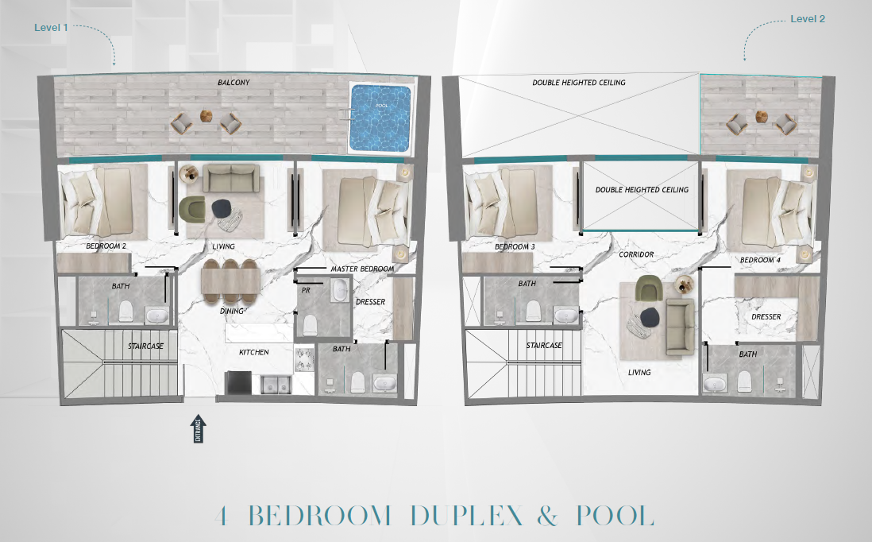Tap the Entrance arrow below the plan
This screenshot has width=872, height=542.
(x=198, y=428)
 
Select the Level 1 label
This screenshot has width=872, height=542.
(x=51, y=27)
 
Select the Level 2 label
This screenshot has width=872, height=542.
(x=808, y=19)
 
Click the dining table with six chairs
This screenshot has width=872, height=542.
(x=231, y=282)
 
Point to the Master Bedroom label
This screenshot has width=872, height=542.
(x=362, y=269)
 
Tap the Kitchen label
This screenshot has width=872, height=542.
(x=253, y=352)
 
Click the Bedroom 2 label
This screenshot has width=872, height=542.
(x=106, y=246)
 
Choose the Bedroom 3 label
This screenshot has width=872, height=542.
(x=515, y=246)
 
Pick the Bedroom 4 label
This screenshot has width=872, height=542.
(x=760, y=260)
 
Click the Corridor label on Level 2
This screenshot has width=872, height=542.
(x=636, y=254)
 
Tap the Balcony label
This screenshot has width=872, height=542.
(x=233, y=83)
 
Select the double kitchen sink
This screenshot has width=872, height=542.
(x=276, y=384)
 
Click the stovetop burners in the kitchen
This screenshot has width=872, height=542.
(x=303, y=359)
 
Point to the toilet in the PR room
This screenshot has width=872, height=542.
(x=310, y=324)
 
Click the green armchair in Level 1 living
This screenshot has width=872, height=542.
(x=192, y=207)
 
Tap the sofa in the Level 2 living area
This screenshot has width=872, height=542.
(x=680, y=326)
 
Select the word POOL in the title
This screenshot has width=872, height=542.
(x=615, y=515)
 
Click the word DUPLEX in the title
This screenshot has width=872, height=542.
(x=467, y=515)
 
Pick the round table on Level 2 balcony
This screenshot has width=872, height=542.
(x=762, y=117)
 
